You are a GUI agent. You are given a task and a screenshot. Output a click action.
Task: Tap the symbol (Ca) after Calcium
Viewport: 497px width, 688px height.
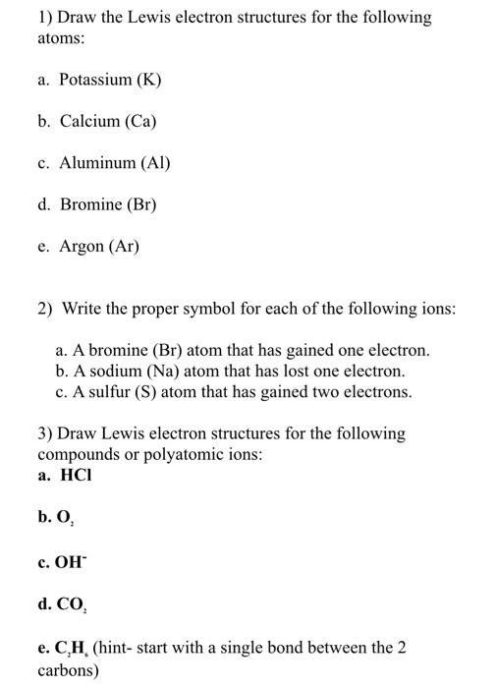coord(138,122)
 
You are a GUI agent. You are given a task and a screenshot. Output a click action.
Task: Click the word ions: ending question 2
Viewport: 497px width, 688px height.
coord(433,310)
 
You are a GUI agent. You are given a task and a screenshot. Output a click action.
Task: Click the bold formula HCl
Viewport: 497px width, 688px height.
coord(76,476)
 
